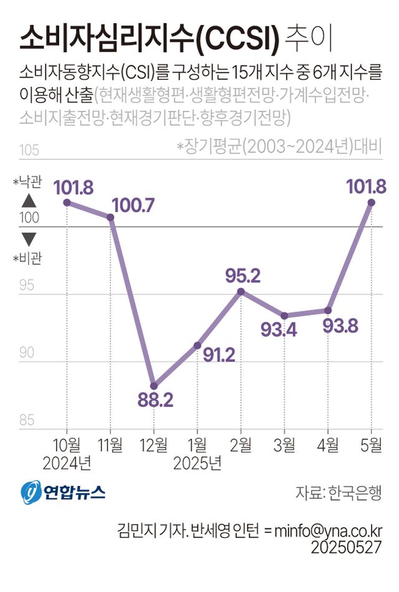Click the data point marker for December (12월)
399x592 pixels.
[x=154, y=386]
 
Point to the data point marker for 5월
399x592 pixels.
[x=372, y=203]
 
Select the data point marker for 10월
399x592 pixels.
[x=67, y=203]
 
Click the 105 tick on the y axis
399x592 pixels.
[x=30, y=151]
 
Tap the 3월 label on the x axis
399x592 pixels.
[x=284, y=445]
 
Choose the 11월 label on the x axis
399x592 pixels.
[x=110, y=445]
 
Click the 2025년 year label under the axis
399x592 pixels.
[x=197, y=463]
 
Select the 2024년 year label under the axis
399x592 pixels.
[x=67, y=463]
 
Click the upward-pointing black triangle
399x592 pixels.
[x=29, y=201]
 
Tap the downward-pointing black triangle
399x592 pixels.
[x=29, y=239]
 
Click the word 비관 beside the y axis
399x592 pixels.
[x=31, y=258]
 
